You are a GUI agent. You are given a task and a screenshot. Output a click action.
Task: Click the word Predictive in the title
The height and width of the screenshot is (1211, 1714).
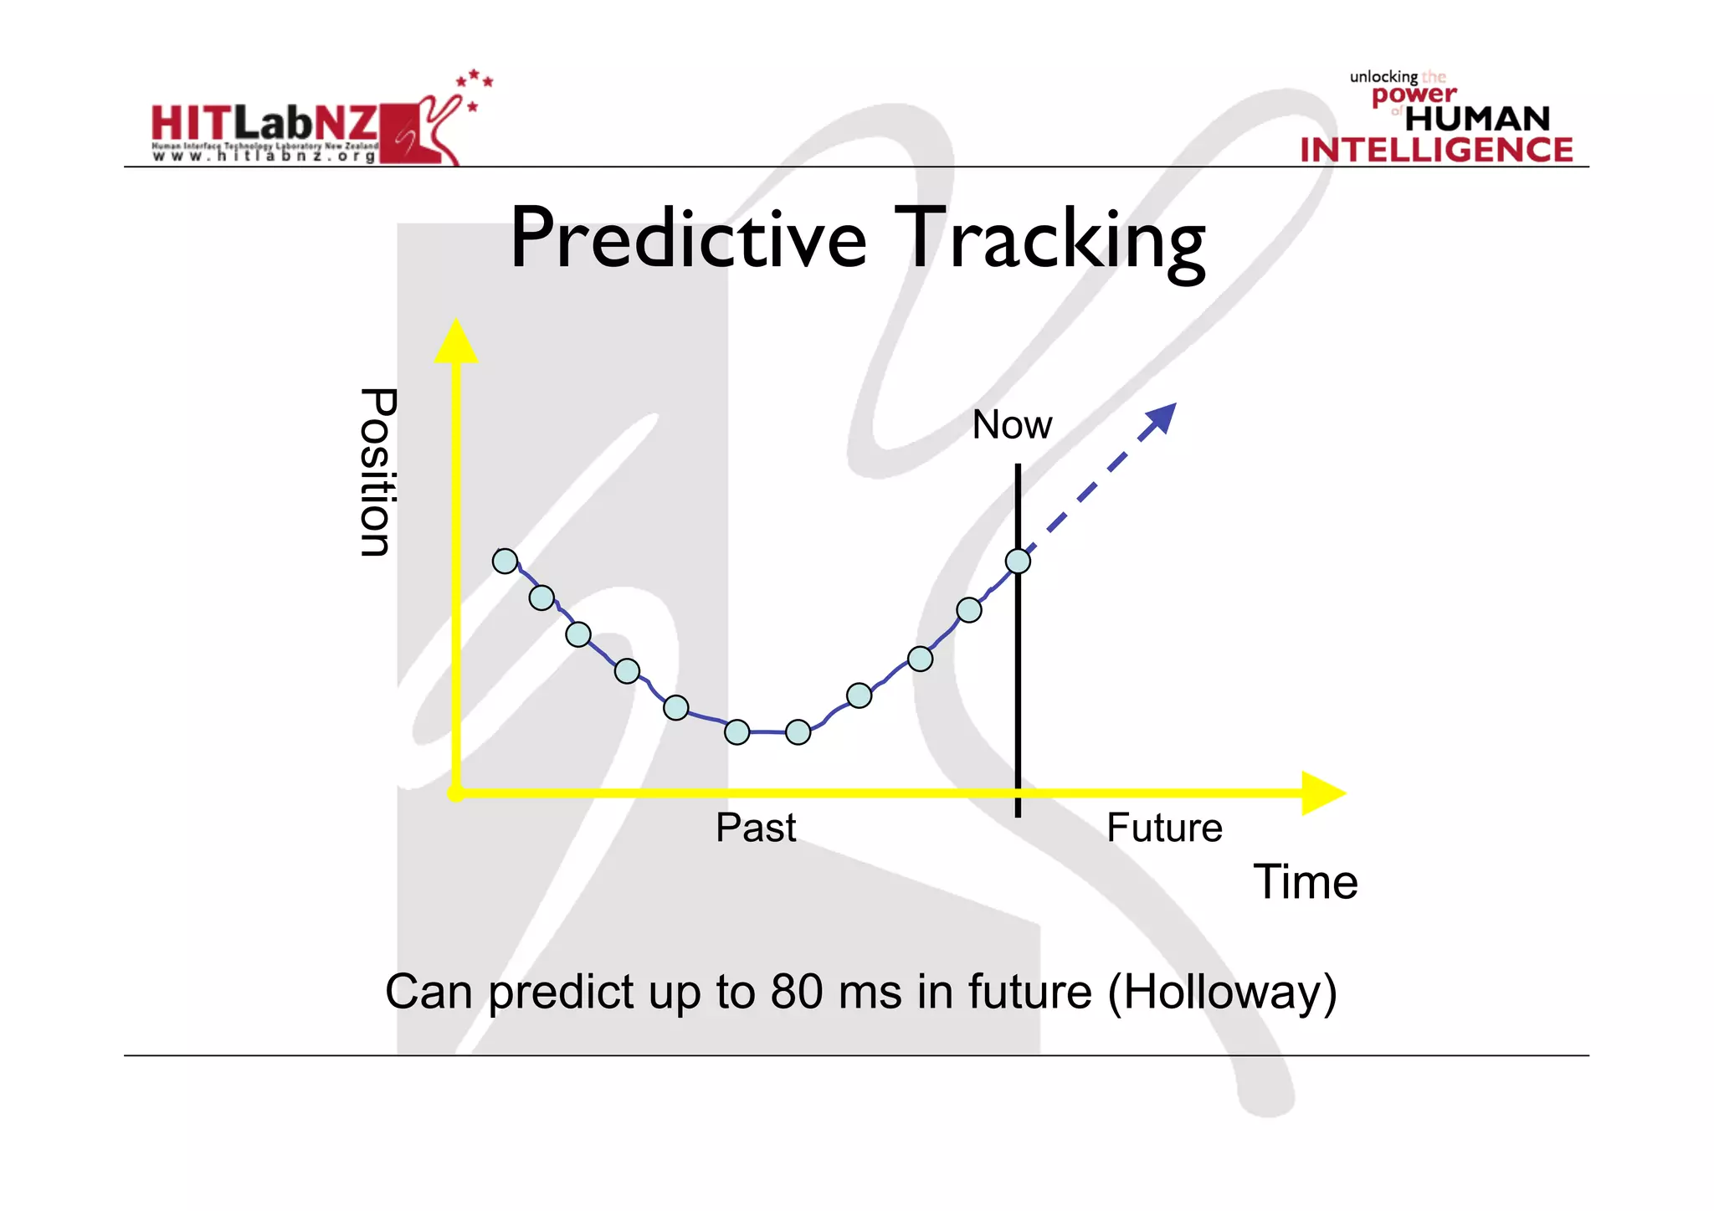[x=688, y=240]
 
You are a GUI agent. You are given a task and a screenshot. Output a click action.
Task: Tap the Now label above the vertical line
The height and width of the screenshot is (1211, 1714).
[x=1011, y=425]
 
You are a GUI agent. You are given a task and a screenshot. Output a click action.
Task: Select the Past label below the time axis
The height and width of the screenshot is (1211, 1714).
[x=756, y=829]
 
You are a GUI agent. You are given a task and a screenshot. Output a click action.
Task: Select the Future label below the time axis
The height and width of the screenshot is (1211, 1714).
[x=1164, y=829]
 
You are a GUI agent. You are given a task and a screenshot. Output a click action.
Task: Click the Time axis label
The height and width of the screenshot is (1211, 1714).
[x=1305, y=882]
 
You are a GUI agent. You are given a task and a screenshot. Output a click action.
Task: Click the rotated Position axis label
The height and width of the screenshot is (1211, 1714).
[x=377, y=472]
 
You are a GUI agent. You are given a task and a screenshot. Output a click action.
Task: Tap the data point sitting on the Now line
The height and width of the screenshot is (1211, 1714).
[x=1018, y=561]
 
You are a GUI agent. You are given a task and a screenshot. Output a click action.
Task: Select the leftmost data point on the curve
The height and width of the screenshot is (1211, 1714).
[x=505, y=561]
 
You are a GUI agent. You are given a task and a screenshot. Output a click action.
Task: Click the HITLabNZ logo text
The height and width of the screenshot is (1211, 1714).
[x=264, y=124]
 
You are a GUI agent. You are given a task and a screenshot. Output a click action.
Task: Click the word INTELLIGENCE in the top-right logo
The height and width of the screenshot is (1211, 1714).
[x=1436, y=150]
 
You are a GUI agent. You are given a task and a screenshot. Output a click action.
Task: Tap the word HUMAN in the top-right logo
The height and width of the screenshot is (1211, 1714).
[x=1477, y=119]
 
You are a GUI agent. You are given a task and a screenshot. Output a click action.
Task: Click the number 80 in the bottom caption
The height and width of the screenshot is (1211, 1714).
[x=796, y=992]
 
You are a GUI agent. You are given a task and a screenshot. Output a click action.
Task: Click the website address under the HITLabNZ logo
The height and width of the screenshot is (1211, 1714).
[x=264, y=157]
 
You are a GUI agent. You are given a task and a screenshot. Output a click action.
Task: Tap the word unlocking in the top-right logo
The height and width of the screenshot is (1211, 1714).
[x=1383, y=77]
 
